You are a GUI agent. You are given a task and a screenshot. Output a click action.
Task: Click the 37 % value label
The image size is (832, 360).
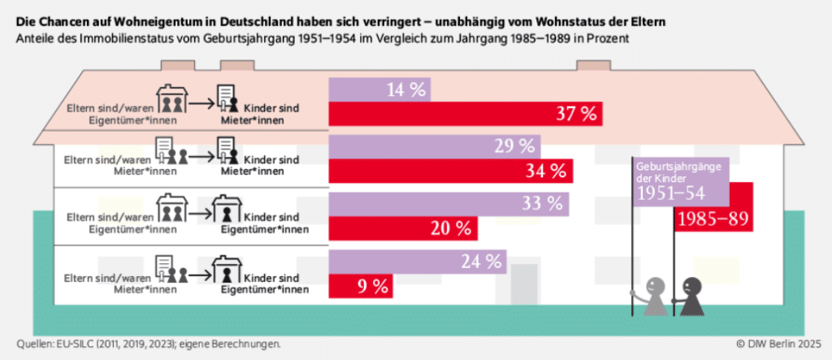coord(576,114)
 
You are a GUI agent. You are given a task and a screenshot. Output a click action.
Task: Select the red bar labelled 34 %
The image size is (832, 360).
coord(450,171)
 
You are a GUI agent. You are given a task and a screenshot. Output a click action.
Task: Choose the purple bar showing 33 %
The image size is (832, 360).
coord(448,203)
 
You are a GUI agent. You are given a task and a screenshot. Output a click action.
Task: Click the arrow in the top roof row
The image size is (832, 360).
coord(201,104)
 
